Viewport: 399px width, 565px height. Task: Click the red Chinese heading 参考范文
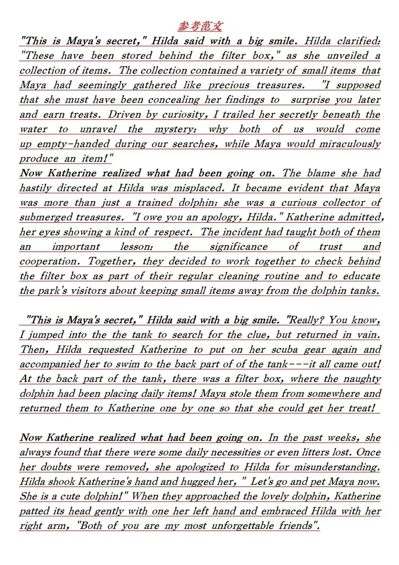[x=200, y=26]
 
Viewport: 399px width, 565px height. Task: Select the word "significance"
[x=239, y=247]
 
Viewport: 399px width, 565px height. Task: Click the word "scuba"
[x=284, y=349]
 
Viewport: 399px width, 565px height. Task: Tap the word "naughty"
[x=362, y=379]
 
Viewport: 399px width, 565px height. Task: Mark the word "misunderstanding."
[x=337, y=467]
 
